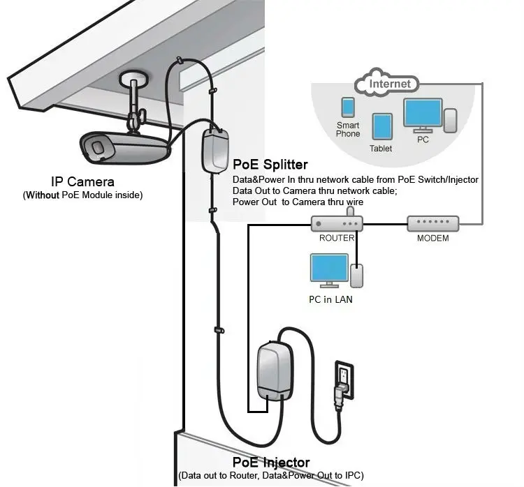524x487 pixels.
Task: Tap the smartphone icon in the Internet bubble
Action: click(x=347, y=107)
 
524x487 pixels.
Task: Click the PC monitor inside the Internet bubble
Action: click(x=422, y=114)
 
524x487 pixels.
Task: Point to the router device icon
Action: click(x=337, y=224)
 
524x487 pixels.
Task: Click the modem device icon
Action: click(x=433, y=224)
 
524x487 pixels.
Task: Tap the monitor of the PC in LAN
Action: click(x=329, y=269)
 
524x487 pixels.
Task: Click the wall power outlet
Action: click(x=345, y=380)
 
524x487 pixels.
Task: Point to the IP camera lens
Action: click(x=99, y=147)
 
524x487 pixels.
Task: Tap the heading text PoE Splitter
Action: click(x=270, y=165)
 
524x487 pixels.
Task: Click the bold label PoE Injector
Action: click(x=271, y=462)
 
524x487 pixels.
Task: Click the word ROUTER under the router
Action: click(x=337, y=238)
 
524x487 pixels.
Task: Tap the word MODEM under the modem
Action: click(x=433, y=238)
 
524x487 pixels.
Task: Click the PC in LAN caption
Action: click(x=330, y=299)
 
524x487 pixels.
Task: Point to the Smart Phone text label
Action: click(x=347, y=129)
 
